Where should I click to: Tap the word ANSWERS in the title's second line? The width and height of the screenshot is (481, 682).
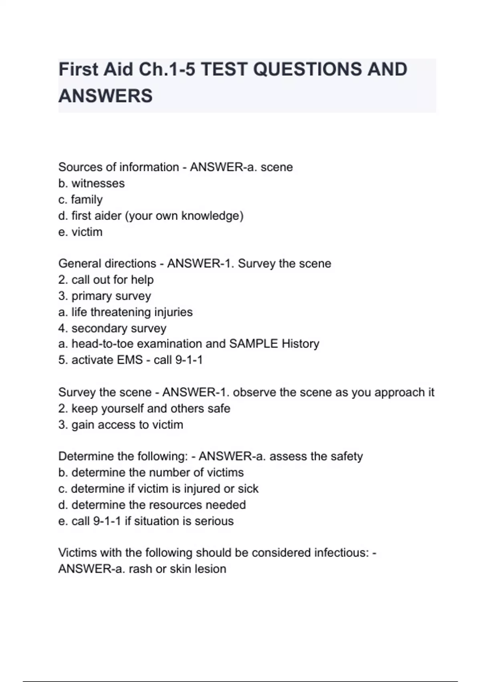pos(105,96)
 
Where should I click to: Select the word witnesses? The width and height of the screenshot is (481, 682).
pos(98,183)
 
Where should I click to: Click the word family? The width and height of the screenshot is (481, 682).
pos(87,199)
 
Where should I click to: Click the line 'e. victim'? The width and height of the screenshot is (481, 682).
pos(80,232)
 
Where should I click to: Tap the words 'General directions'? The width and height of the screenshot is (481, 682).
pos(107,264)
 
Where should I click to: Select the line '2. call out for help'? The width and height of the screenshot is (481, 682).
pos(106,280)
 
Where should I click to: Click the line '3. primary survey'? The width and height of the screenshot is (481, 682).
pos(104,296)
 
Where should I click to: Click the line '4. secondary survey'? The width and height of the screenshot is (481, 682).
pos(112,328)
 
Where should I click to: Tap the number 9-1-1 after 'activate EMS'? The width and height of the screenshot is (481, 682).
pos(189,360)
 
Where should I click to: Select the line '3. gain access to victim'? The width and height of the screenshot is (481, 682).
pos(120,424)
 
